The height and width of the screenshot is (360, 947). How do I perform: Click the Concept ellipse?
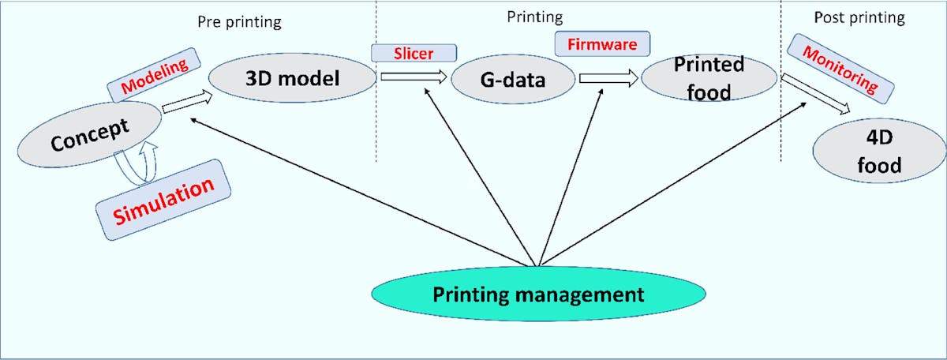click(x=88, y=136)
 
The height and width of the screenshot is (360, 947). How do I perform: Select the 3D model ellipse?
click(x=292, y=79)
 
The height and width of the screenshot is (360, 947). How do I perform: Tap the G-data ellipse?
click(x=514, y=80)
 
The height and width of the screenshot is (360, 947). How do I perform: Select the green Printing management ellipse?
click(x=538, y=294)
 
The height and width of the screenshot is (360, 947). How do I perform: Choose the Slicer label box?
click(x=414, y=52)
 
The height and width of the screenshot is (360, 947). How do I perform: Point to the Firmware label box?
click(x=602, y=44)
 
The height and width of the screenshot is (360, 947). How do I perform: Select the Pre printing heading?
click(x=238, y=22)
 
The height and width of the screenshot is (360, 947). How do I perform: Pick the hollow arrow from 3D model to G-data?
click(x=413, y=77)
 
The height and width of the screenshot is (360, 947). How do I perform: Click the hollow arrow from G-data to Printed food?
click(x=608, y=78)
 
